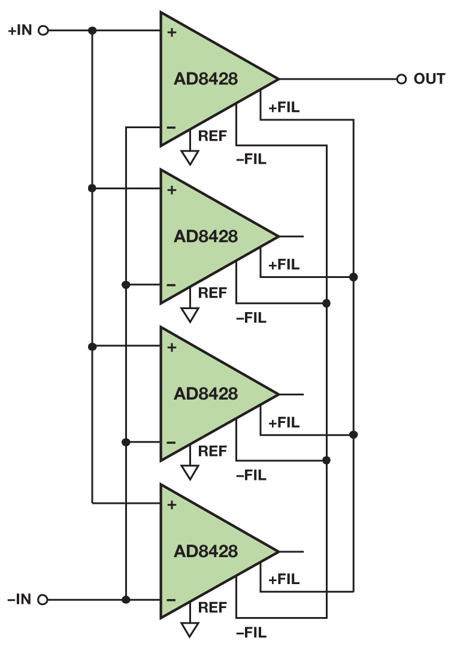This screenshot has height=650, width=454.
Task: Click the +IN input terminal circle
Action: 43,31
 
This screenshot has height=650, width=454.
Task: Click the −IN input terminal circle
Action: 43,599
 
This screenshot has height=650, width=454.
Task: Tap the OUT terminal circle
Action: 401,78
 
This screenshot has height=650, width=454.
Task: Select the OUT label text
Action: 429,78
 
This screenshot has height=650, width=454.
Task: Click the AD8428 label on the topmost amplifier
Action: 205,78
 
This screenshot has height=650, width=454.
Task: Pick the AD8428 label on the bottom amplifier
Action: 205,551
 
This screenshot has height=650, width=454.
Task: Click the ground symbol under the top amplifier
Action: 190,157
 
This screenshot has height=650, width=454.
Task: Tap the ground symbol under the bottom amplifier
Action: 190,629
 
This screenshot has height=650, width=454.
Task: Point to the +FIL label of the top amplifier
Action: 284,108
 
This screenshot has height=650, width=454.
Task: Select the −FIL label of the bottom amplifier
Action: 251,633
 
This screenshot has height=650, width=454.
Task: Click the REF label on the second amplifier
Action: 213,294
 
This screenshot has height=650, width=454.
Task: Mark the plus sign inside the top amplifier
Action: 172,32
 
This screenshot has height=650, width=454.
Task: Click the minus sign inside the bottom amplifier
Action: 171,600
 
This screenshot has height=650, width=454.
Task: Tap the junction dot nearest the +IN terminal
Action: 92,31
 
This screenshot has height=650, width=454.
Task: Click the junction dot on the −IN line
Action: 126,599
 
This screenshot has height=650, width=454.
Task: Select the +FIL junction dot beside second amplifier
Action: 353,277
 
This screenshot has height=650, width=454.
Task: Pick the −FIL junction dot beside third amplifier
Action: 326,460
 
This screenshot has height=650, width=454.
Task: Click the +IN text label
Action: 20,31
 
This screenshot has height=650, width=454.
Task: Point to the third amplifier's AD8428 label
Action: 205,394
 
